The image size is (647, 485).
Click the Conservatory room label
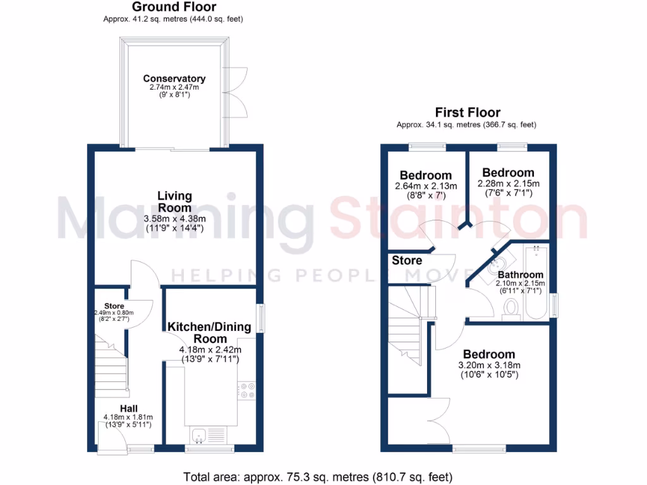[x=174, y=79]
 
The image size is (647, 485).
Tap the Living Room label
[x=174, y=202]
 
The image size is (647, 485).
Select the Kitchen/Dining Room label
[x=209, y=333]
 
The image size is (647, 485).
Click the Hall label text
[x=129, y=409]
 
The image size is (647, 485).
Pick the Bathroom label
[x=520, y=275]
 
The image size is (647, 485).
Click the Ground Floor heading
[x=174, y=8]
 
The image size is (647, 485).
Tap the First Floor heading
[x=467, y=113]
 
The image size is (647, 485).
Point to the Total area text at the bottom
[x=318, y=477]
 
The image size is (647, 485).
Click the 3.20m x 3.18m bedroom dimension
[x=488, y=365]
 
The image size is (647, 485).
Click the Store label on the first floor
[x=407, y=260]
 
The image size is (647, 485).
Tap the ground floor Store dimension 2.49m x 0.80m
[x=114, y=313]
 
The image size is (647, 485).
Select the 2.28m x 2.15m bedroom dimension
[x=507, y=184]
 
